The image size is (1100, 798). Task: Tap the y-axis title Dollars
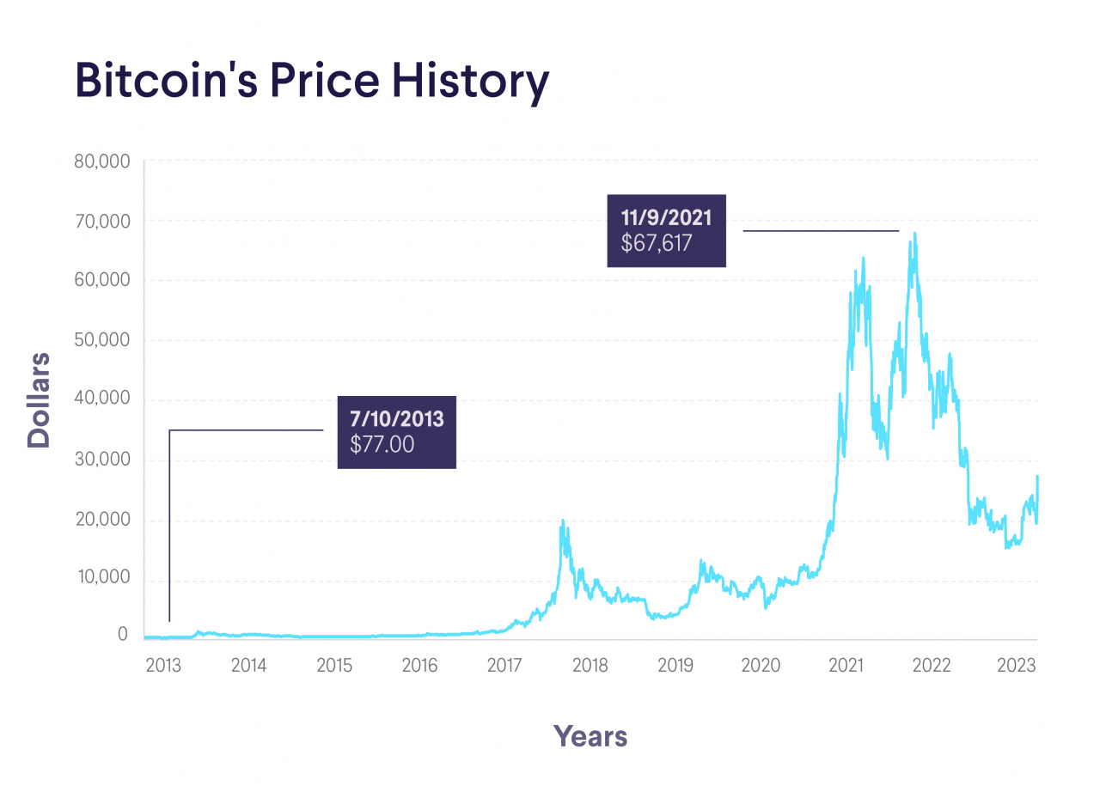(x=40, y=399)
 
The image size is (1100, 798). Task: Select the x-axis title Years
(x=590, y=736)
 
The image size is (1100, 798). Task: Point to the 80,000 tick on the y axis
(x=101, y=161)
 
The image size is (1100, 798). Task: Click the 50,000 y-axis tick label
(x=101, y=340)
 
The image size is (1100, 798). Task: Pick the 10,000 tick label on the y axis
(x=101, y=578)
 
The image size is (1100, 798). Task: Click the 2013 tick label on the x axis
(x=163, y=666)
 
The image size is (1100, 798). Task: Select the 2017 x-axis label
(x=504, y=666)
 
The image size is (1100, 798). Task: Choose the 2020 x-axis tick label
(x=761, y=666)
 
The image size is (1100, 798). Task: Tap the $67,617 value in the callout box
(x=657, y=244)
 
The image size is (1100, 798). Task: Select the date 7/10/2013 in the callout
(x=396, y=420)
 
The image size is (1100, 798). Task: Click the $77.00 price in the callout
(x=382, y=444)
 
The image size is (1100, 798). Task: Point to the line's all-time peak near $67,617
(x=914, y=234)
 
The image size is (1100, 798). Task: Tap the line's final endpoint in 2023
(x=1037, y=477)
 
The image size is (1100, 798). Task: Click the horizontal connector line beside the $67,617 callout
(x=821, y=231)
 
